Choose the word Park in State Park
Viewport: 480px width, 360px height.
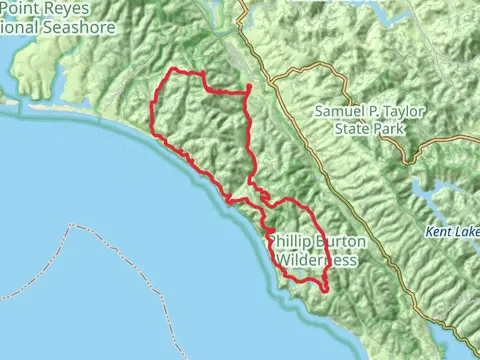click(395, 129)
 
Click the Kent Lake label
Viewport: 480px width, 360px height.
click(452, 231)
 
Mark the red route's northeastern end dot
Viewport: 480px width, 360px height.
click(248, 89)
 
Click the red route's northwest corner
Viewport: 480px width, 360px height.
click(176, 70)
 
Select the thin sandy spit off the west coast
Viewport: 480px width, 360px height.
click(12, 99)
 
